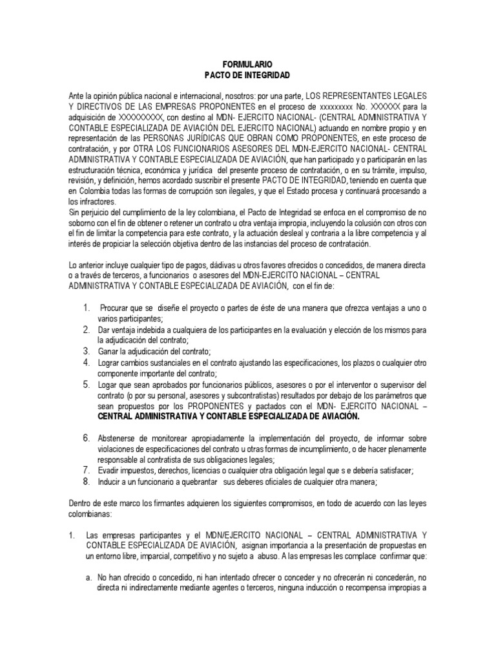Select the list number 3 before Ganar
[x=86, y=350]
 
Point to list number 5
[x=86, y=384]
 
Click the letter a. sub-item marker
[x=90, y=577]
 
